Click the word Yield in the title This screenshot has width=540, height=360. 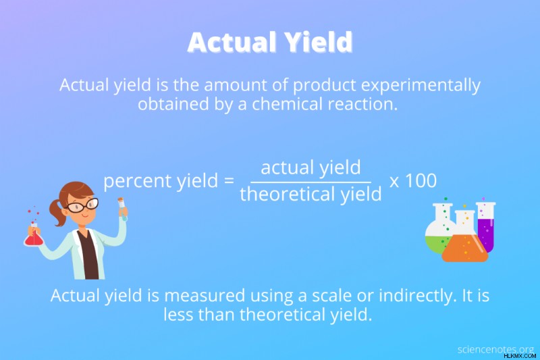coord(319,42)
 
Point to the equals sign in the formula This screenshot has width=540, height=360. coord(229,180)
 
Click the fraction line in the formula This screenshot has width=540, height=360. coord(310,182)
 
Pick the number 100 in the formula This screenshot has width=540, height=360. coord(421,180)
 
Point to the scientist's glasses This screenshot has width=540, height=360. coord(82,205)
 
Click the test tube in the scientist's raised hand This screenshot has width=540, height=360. coord(123,209)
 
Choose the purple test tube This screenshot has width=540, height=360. coord(486,227)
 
